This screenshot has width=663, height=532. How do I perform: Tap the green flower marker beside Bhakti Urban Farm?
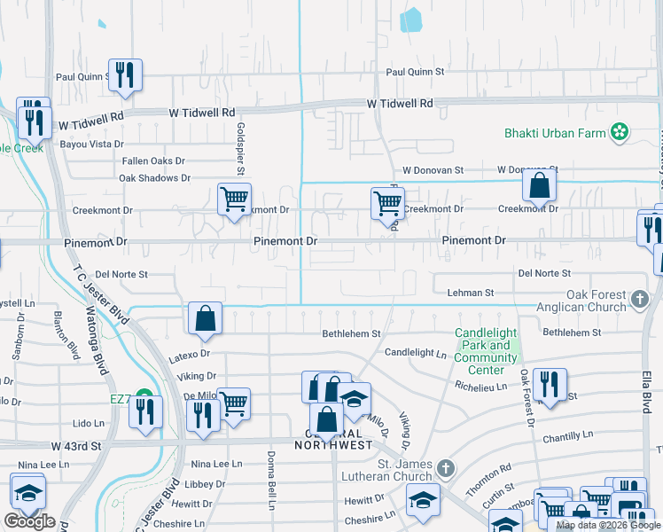pyautogui.click(x=620, y=133)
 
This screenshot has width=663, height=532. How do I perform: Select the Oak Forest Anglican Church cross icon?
pyautogui.click(x=641, y=301)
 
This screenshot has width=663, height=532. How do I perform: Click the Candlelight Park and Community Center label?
pyautogui.click(x=486, y=352)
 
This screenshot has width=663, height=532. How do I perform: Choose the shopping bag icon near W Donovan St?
pyautogui.click(x=539, y=185)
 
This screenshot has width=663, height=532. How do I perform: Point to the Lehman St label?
pyautogui.click(x=470, y=293)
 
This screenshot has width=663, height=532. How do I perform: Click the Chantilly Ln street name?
pyautogui.click(x=567, y=436)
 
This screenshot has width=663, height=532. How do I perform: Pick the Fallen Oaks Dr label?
pyautogui.click(x=153, y=161)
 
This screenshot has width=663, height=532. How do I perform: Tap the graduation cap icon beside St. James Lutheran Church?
pyautogui.click(x=423, y=499)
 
